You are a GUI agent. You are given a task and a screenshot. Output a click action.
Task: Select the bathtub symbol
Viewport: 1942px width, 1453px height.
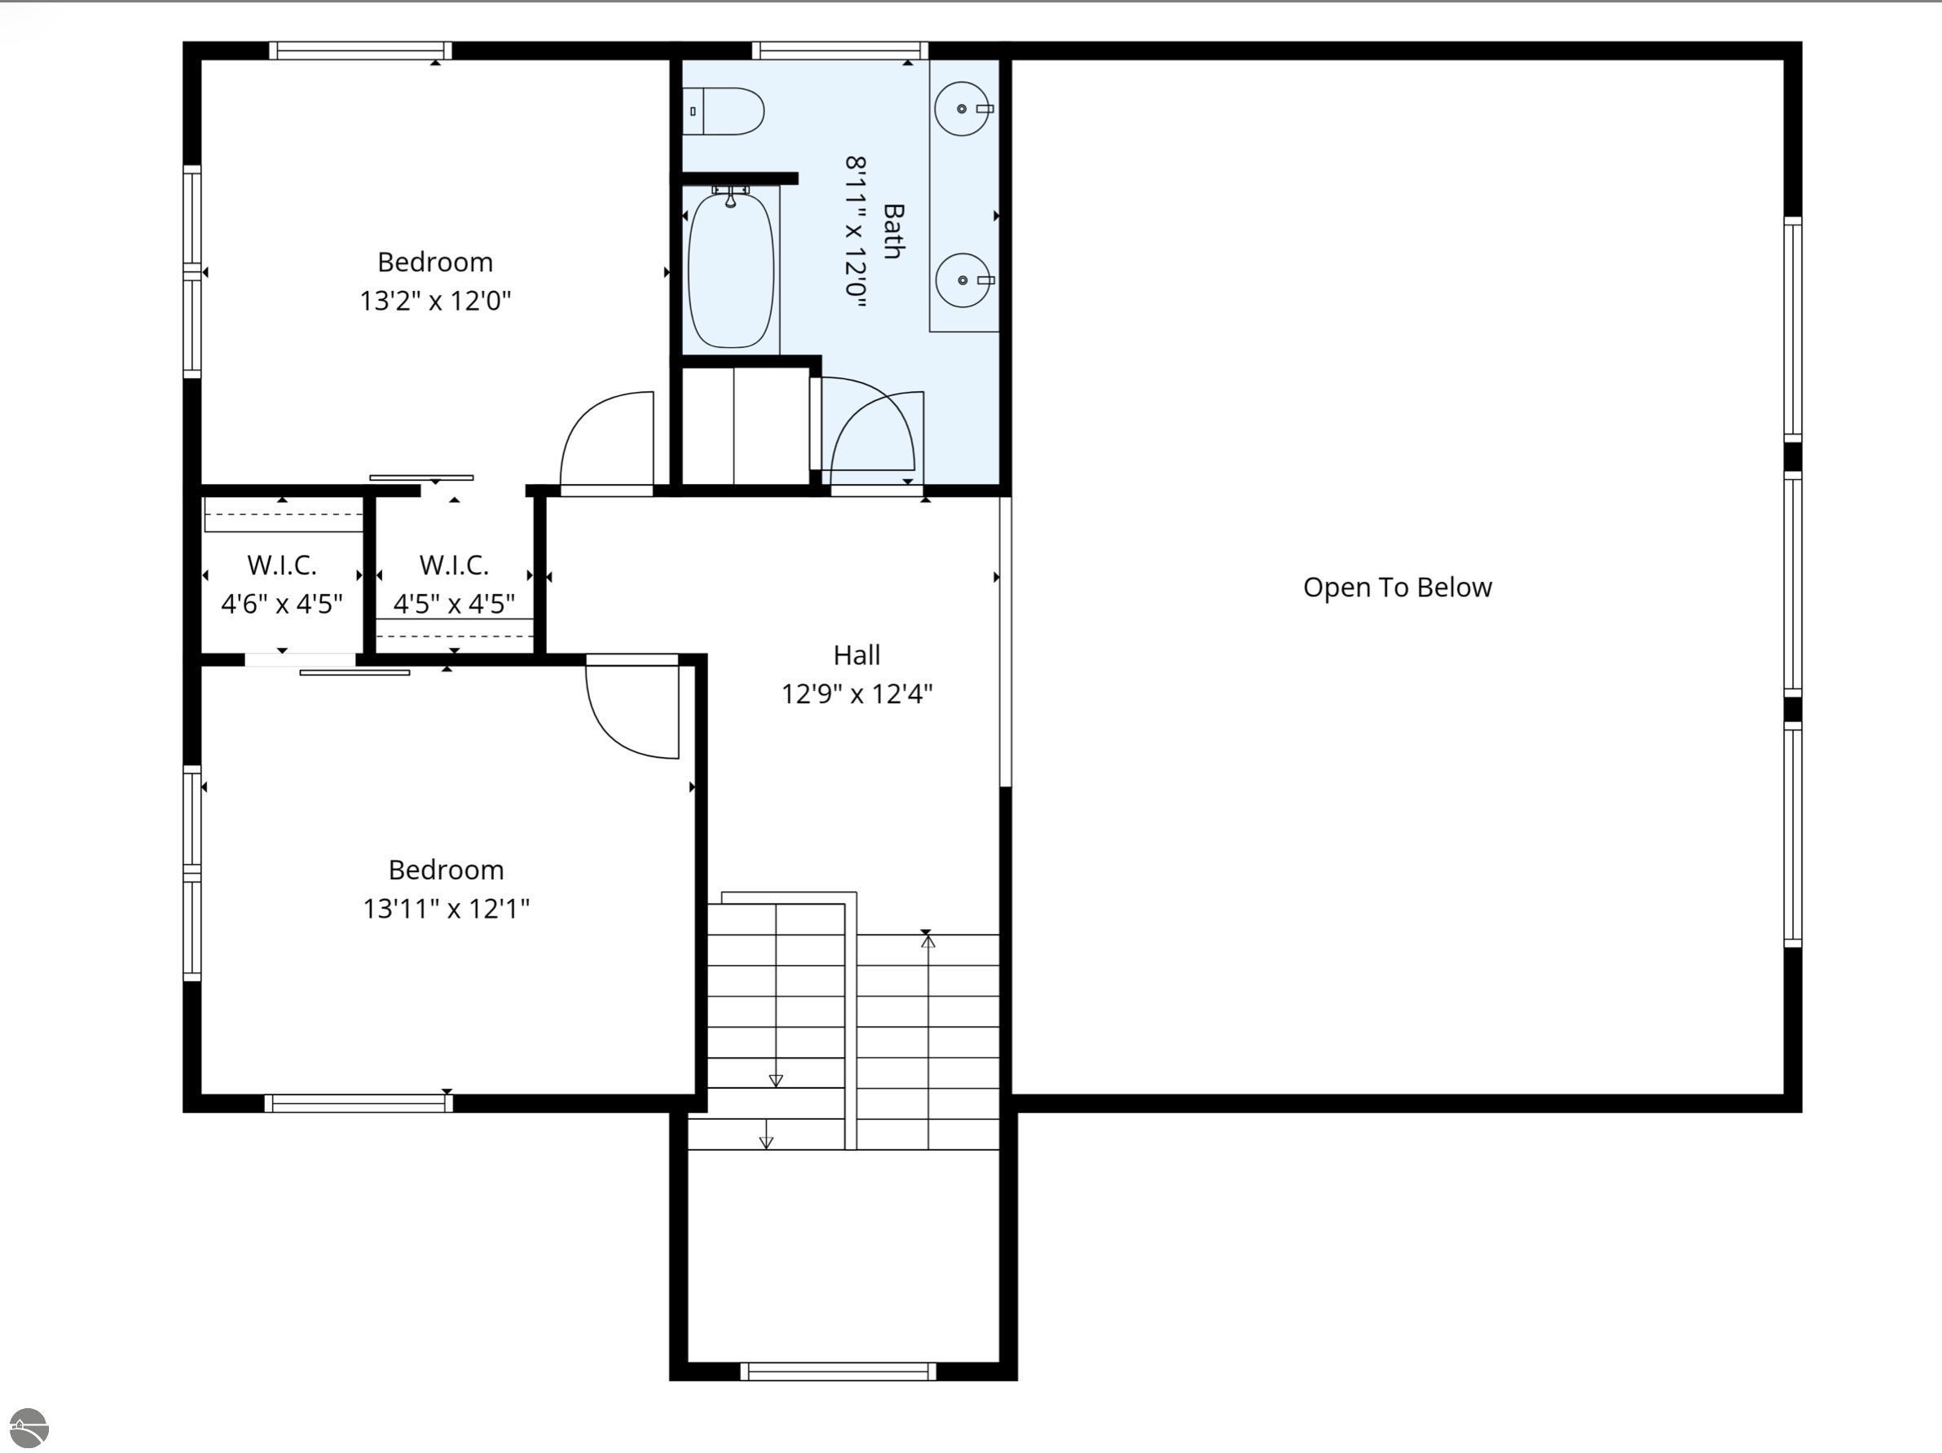tap(730, 271)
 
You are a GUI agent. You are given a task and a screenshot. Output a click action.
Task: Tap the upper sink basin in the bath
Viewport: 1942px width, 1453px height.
tap(962, 109)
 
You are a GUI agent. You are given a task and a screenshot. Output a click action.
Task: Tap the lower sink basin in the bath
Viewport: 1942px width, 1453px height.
tap(963, 280)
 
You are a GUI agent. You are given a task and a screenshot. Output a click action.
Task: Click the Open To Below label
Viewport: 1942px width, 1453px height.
tap(1397, 588)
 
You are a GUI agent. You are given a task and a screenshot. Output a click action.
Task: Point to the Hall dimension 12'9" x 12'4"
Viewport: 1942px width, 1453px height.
tap(856, 694)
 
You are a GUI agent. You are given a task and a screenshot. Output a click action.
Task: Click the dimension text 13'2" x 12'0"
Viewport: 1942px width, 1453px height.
tap(434, 302)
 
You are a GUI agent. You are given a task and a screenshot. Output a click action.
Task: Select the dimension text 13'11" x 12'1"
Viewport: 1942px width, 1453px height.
tap(446, 909)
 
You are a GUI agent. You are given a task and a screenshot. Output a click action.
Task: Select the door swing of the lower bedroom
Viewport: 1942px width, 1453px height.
tap(633, 711)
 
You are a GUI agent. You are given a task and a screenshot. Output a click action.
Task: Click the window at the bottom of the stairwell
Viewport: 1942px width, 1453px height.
tap(838, 1372)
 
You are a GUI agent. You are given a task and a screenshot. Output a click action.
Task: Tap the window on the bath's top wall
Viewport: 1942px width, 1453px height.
tap(839, 50)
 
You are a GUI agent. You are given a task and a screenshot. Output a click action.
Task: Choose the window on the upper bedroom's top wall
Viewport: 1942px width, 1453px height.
tap(360, 50)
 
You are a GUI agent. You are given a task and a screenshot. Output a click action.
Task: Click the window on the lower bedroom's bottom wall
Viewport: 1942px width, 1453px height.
tap(359, 1103)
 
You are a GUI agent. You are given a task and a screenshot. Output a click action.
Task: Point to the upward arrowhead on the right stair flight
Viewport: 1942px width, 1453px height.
tap(928, 942)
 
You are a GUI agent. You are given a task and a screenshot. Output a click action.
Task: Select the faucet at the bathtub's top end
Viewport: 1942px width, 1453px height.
tap(730, 197)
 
